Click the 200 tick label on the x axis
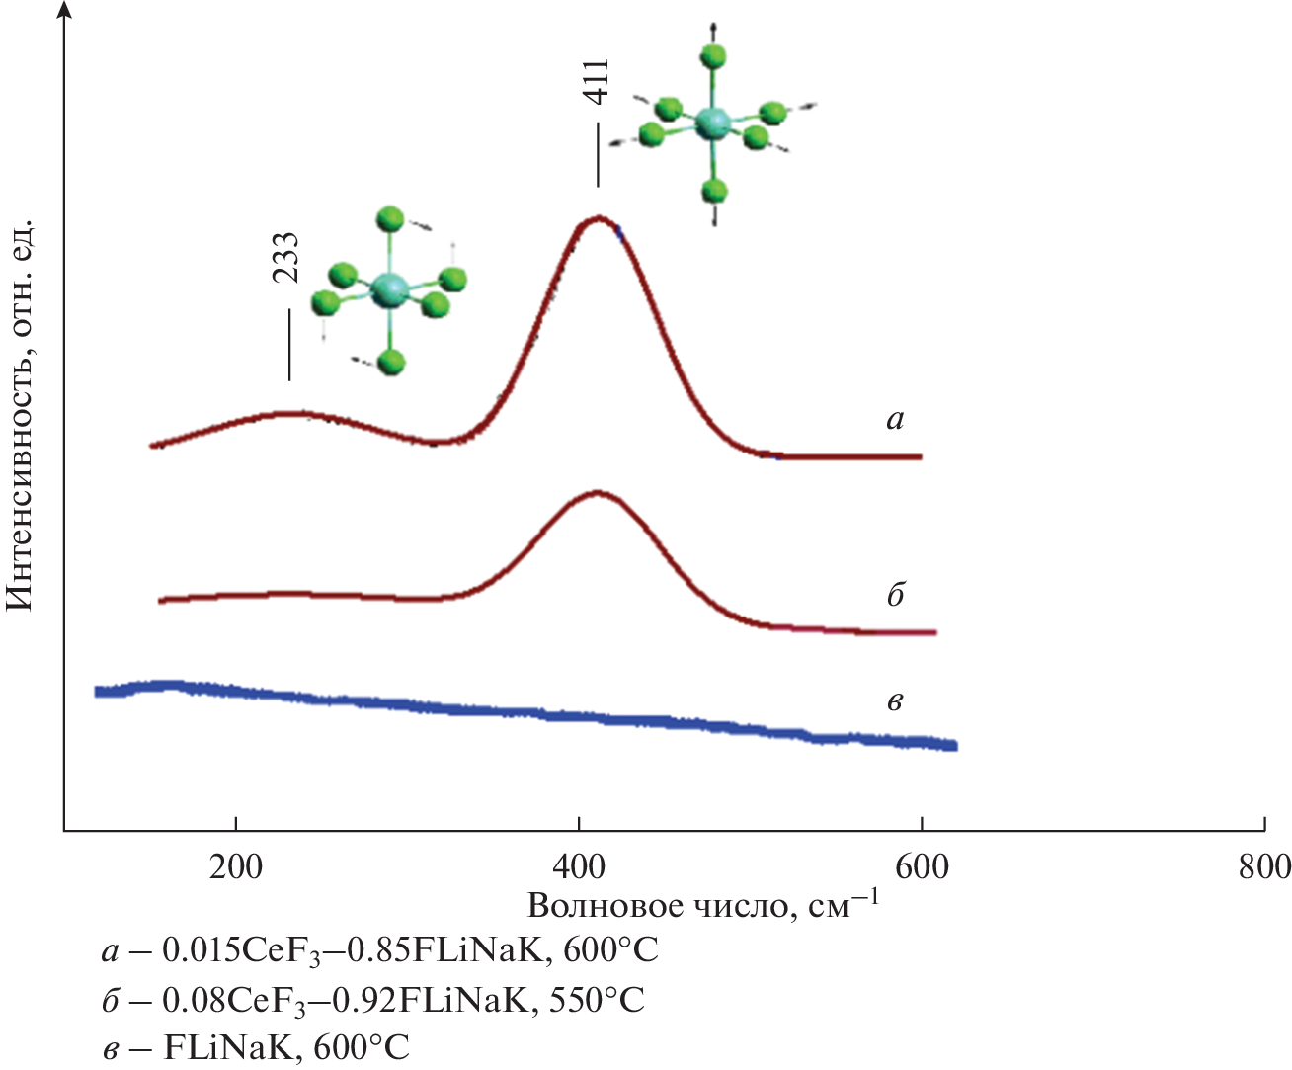tap(235, 866)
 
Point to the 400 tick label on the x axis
tap(579, 866)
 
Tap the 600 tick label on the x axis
tap(922, 866)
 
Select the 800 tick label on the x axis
tap(1264, 866)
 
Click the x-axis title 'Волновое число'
tap(656, 905)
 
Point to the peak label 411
tap(597, 82)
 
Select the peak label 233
tap(286, 258)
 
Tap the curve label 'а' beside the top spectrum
tap(895, 420)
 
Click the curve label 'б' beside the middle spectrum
tap(895, 595)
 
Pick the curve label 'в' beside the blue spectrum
tap(895, 702)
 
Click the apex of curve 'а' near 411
tap(597, 218)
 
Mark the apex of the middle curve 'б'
tap(597, 492)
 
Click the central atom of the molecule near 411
tap(711, 123)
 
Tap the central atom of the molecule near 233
tap(389, 289)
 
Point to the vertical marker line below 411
tap(598, 153)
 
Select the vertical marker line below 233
tap(289, 345)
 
